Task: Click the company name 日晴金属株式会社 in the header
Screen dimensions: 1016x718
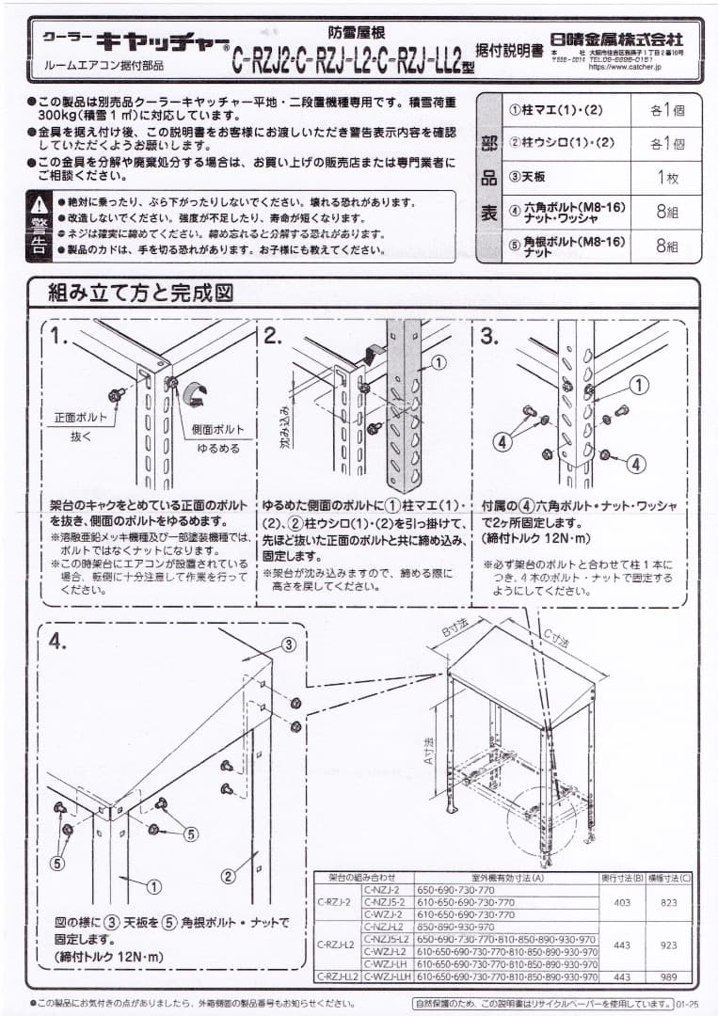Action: [x=625, y=40]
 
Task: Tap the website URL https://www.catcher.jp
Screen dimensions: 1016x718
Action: [x=623, y=67]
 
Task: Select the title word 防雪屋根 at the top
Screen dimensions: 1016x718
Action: [x=355, y=31]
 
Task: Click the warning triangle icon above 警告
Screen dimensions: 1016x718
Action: [x=39, y=203]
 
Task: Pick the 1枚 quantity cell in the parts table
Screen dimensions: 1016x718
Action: [x=667, y=178]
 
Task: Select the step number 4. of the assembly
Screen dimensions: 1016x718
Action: [x=58, y=641]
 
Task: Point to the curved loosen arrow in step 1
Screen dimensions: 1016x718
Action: [x=198, y=393]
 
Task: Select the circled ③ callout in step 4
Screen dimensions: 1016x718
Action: [x=289, y=644]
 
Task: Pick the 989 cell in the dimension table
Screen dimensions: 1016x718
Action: [x=668, y=976]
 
